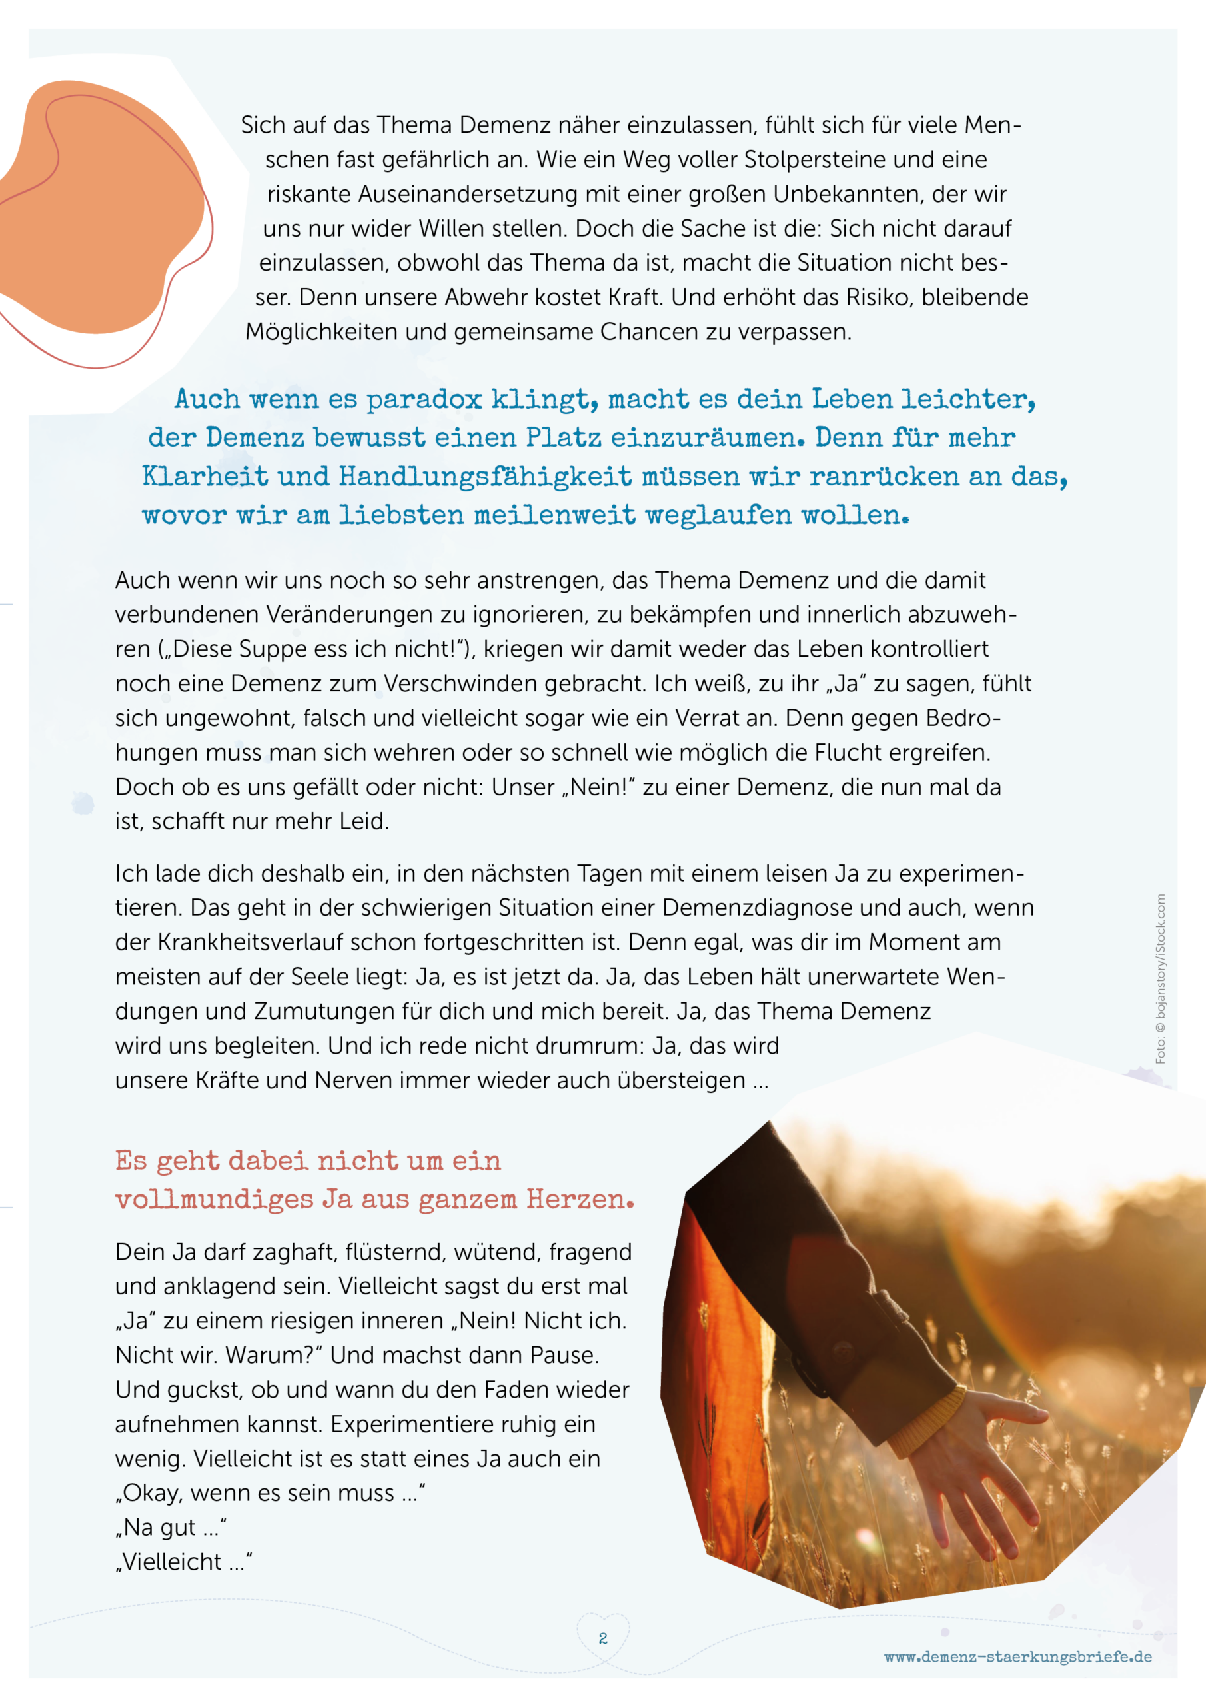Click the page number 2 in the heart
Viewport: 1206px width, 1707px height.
[602, 1638]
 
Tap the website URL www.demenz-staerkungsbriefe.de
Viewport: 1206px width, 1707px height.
[1017, 1656]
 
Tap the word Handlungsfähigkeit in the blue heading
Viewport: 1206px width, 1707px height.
[485, 477]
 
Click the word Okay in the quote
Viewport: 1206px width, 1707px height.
[153, 1493]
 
